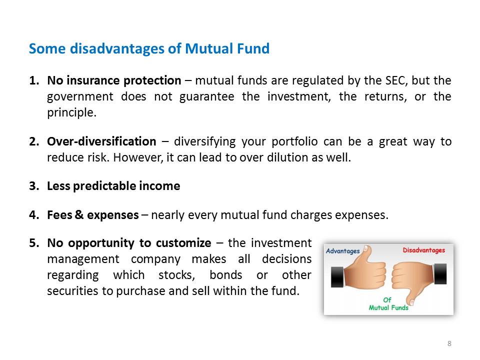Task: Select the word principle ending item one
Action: point(71,113)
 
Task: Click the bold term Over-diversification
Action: point(101,141)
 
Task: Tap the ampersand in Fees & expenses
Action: point(79,214)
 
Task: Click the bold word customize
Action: point(183,243)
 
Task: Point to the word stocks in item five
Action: point(176,275)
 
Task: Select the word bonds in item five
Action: point(226,275)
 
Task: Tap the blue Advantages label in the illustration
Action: point(343,251)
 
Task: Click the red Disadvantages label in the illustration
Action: point(423,250)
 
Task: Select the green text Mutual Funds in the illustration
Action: point(388,307)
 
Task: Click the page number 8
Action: point(449,343)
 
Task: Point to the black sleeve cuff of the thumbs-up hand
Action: point(337,276)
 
